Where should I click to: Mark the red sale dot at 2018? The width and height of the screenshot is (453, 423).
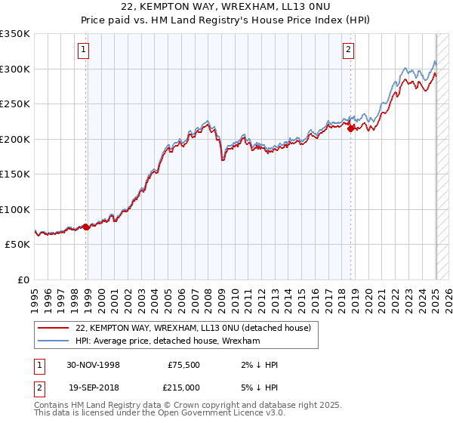tap(351, 129)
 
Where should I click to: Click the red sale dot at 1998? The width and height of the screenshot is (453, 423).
tap(86, 227)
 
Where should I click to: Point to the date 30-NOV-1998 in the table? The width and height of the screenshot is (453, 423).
tap(93, 365)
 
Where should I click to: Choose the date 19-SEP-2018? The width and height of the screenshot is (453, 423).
tap(93, 386)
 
